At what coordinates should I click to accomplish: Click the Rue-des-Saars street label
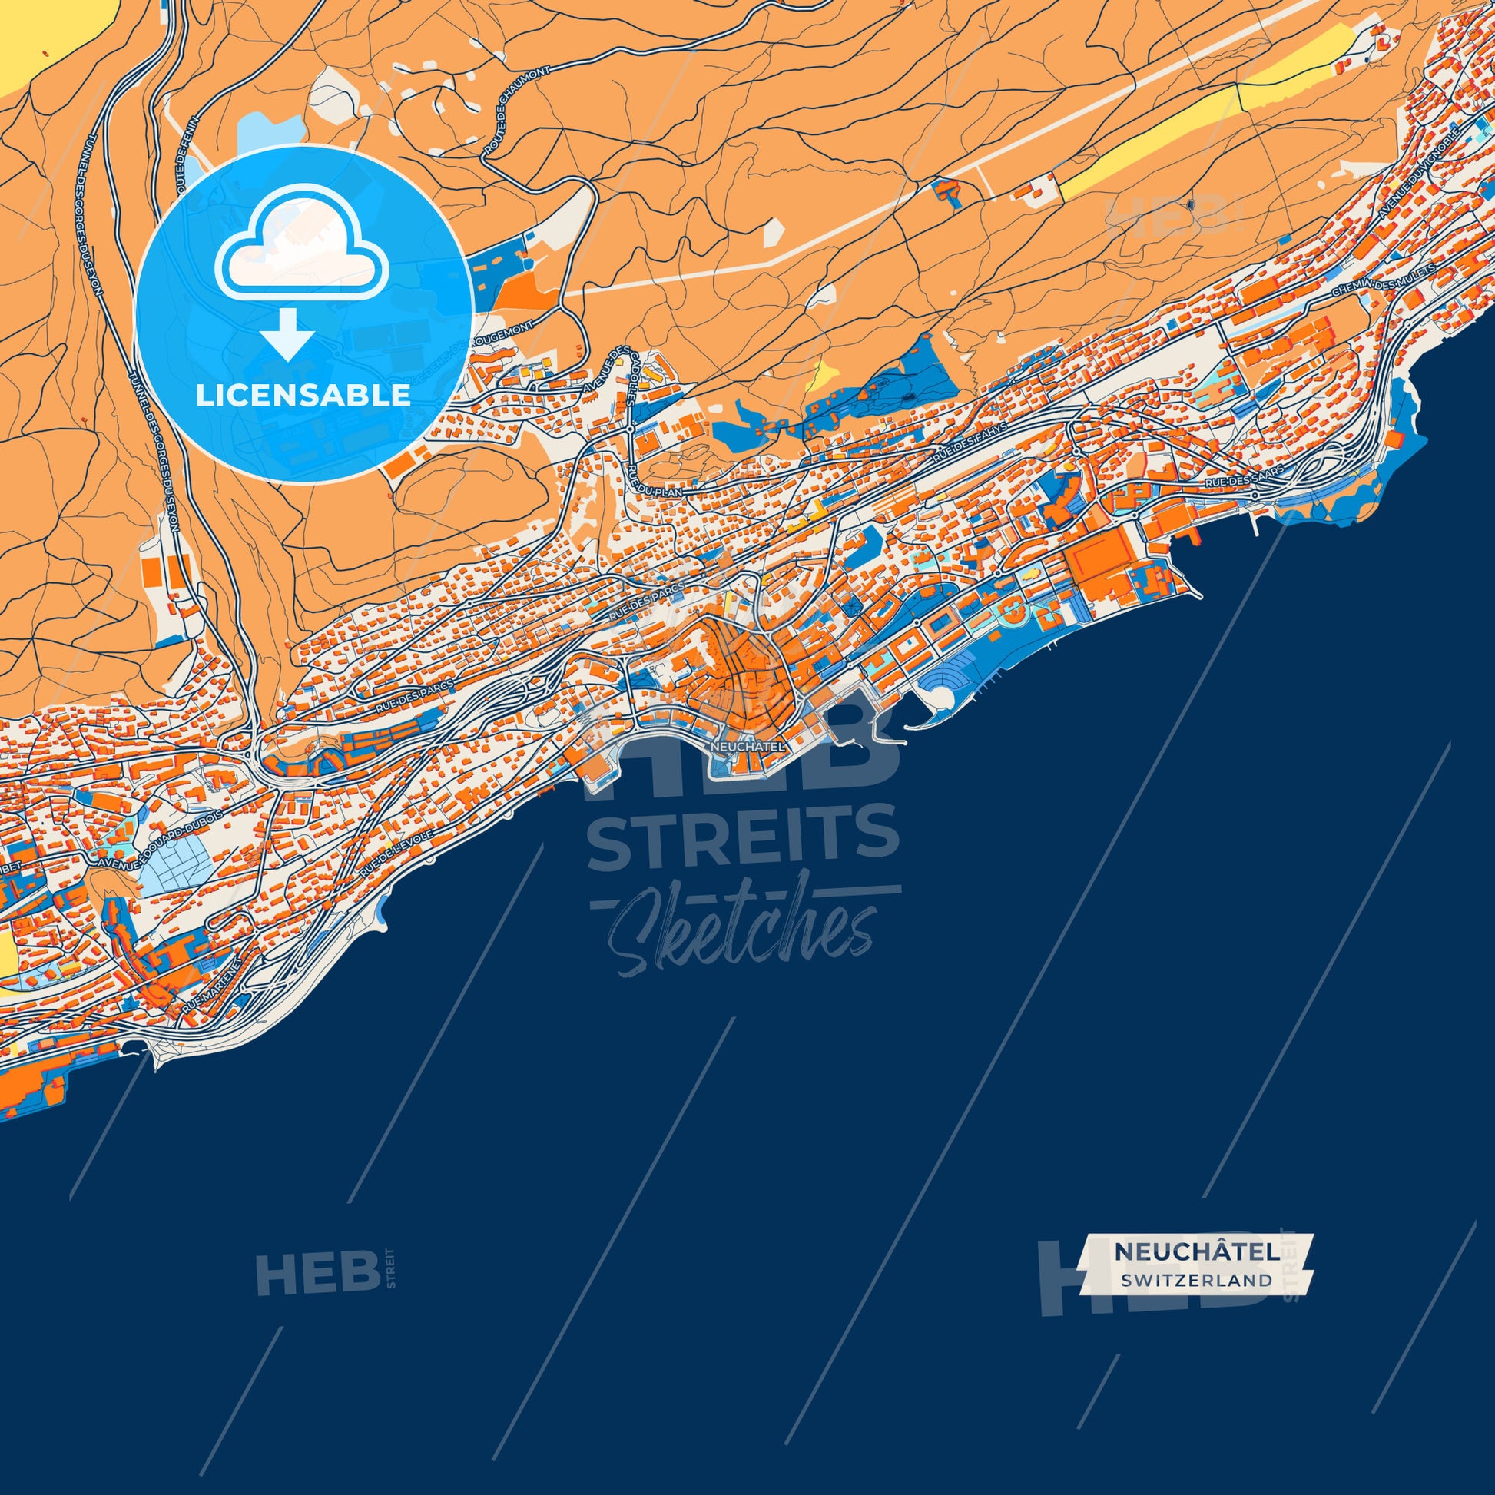pyautogui.click(x=1244, y=476)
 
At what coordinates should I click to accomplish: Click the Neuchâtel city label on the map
pyautogui.click(x=747, y=747)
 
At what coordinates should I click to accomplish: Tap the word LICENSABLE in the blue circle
pyautogui.click(x=303, y=396)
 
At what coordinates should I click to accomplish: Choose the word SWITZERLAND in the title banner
pyautogui.click(x=1196, y=1280)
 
